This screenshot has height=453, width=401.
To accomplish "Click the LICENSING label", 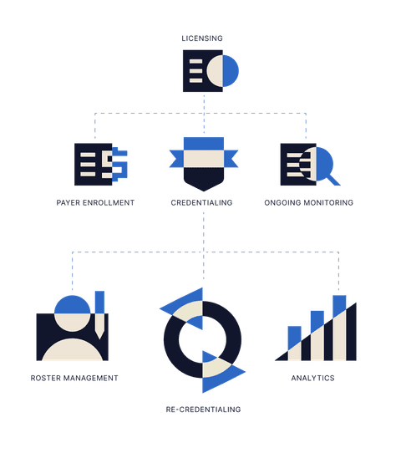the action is pos(202,38).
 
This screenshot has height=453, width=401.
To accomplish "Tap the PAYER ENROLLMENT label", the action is pos(95,202).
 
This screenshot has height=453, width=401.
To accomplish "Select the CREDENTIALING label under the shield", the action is pos(201,202).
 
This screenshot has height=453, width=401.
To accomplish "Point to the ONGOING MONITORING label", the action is pos(308,202).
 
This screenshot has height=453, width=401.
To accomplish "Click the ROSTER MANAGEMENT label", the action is pos(74,378).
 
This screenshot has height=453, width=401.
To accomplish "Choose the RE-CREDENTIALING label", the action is pos(203,410).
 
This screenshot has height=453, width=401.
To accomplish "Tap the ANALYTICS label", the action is pos(312,378).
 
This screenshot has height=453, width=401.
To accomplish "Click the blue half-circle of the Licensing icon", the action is pos(231,71).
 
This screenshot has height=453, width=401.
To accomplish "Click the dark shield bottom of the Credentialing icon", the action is pos(204,178).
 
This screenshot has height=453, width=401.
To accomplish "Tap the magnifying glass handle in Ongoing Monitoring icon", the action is pos(333,180).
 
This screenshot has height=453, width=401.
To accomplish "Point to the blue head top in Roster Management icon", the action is pos(72,305).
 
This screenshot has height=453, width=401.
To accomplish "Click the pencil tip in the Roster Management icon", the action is pos(99,334).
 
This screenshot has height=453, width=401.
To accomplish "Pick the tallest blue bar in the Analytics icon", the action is pos(339,306).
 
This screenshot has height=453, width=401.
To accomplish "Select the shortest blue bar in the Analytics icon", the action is pos(294,337).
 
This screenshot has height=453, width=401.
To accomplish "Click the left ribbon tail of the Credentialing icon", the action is pos(176,159).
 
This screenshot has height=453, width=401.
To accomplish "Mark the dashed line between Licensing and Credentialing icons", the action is pos(204,114).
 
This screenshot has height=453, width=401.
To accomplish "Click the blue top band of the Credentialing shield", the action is pos(204,144).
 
